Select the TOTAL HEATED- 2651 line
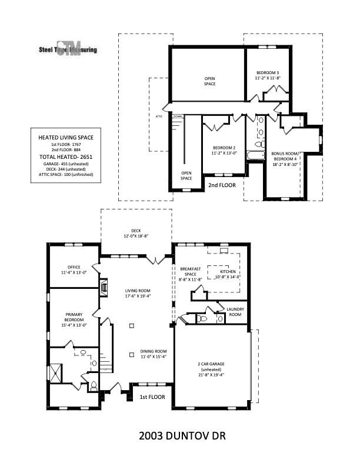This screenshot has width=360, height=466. coord(66,158)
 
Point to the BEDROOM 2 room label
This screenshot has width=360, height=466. coord(224,151)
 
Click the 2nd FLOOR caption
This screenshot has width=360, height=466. coord(222,185)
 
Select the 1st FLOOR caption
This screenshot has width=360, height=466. coord(152,397)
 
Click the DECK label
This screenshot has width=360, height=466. coord(136,234)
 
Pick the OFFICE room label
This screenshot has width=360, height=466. coord(74,269)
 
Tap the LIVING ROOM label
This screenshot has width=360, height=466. coord(138,293)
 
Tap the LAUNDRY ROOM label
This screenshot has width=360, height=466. coord(235,311)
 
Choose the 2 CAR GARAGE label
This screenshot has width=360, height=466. coord(211,367)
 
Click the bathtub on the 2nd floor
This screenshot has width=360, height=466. coord(255,155)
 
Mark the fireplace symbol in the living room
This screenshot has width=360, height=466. coord(104,288)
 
